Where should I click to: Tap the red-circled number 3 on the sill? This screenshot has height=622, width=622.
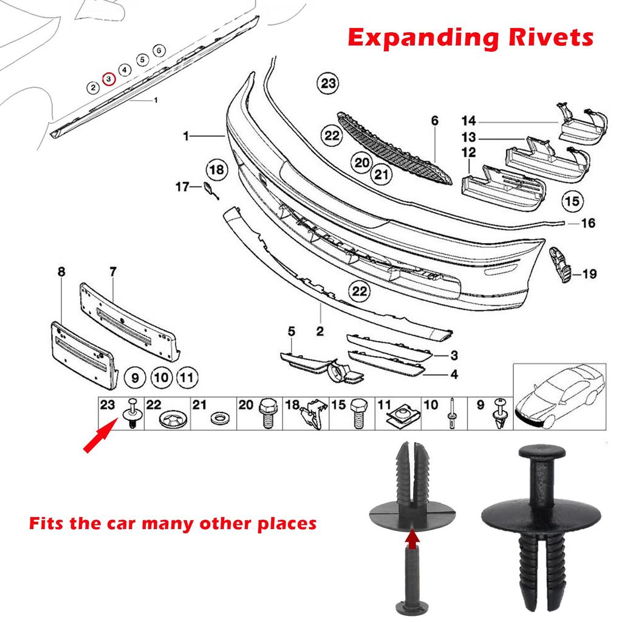tap(109, 79)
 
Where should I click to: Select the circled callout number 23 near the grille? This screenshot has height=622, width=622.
tap(329, 84)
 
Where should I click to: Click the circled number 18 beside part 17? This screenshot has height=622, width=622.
tap(216, 169)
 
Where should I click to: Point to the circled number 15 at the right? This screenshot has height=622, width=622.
tap(572, 199)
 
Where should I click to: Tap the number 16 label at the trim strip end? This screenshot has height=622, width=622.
tap(588, 224)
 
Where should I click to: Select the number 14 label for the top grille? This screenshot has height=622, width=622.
tap(468, 120)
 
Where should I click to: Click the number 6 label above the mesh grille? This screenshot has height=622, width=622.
tap(435, 121)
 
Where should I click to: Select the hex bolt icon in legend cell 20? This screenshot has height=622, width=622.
tap(267, 413)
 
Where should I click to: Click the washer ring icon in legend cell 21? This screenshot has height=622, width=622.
tap(216, 419)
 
